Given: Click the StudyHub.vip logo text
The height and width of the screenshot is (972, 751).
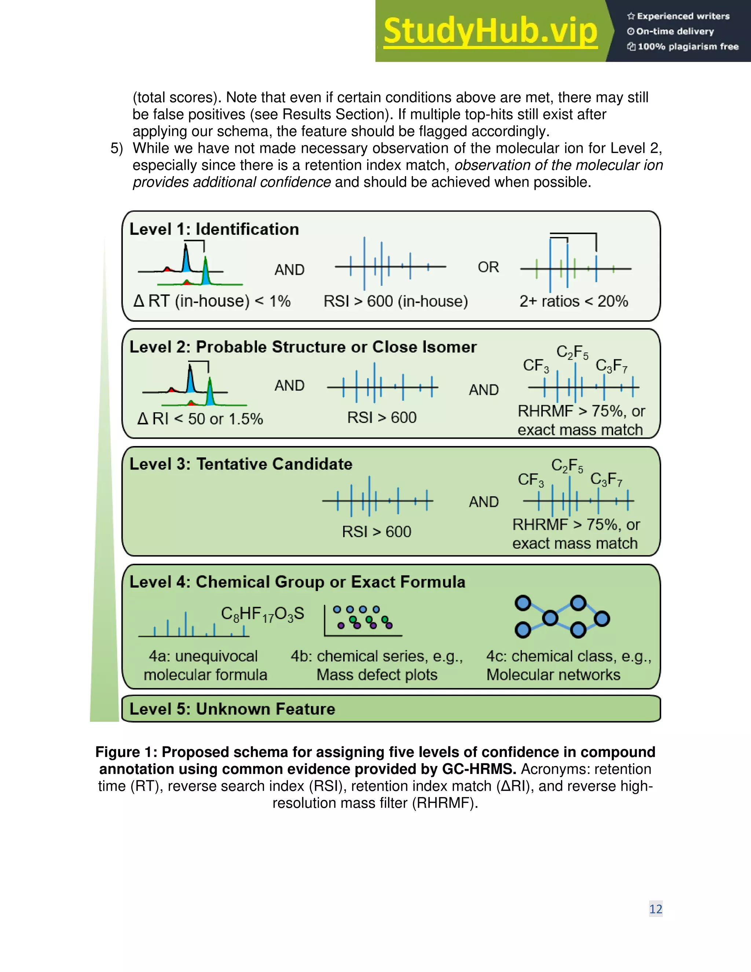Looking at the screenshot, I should click(490, 31).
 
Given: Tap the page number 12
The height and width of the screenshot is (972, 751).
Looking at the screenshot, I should click(655, 909).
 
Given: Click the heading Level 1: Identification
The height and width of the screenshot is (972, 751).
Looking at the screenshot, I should click(214, 229).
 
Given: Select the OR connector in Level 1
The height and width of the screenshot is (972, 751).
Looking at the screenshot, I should click(488, 267).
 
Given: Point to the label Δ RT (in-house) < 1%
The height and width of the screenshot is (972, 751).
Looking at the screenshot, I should click(212, 301).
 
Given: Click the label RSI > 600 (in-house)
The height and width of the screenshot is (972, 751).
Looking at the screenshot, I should click(396, 301).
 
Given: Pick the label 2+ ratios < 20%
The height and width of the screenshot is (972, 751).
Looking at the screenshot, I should click(574, 301).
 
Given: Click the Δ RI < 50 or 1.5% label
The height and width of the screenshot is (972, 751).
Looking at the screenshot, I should click(200, 419).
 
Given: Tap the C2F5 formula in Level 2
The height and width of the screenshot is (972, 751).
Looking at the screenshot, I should click(572, 352).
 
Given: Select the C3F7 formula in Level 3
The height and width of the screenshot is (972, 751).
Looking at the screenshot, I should click(606, 479).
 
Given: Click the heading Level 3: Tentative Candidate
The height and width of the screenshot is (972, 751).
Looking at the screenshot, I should click(241, 464).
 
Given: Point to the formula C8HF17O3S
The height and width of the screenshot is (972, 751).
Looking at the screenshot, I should click(263, 614).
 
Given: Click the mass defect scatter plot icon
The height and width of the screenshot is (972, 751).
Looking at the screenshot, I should click(363, 620).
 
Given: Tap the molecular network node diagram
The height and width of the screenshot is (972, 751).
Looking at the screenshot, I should click(562, 617).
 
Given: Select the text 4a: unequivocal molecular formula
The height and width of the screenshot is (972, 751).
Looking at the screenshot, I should click(205, 665).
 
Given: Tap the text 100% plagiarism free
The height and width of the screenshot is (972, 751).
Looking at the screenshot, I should click(688, 46).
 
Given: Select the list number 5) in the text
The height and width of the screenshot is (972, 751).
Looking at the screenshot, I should click(117, 148).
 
